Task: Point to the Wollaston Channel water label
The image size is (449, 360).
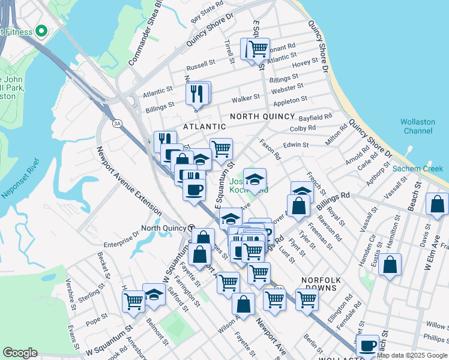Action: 418,126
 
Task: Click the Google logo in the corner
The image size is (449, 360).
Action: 20,353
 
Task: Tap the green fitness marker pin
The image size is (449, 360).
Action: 41,30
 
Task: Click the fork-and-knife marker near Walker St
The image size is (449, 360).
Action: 197,93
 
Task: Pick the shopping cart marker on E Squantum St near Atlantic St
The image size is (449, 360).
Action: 258,49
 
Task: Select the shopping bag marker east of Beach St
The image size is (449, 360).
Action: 437,204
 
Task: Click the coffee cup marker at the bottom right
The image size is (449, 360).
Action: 367,346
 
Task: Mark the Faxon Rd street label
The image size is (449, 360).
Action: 270,149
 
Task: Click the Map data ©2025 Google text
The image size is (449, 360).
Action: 412,355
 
